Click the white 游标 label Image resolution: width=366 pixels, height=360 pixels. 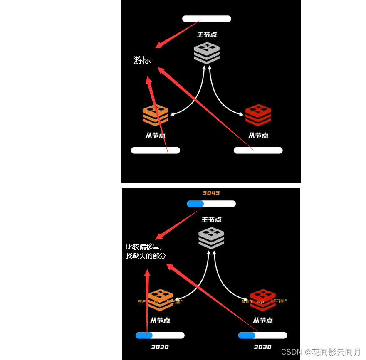click(142, 60)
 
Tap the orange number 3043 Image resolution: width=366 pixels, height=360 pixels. click(211, 193)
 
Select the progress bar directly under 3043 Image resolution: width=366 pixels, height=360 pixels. click(211, 204)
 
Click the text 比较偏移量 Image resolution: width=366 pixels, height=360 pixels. click(143, 247)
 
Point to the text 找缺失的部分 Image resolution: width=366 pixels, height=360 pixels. click(146, 256)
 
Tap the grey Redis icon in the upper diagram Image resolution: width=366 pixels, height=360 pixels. click(207, 53)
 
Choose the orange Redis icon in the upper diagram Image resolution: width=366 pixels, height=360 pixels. click(156, 115)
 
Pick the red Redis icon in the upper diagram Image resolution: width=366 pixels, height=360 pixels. click(258, 115)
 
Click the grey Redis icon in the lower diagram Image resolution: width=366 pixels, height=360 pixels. click(211, 238)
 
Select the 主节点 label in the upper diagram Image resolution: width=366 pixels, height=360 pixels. click(207, 35)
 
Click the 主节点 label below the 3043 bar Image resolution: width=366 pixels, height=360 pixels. click(211, 219)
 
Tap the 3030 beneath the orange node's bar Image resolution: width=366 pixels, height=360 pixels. click(160, 347)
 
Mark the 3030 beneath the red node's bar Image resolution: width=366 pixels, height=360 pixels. click(262, 347)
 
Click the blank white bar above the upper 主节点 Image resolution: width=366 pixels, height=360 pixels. click(207, 19)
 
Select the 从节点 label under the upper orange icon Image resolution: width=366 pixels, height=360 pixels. click(156, 135)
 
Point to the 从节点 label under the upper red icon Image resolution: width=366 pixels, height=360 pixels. click(258, 135)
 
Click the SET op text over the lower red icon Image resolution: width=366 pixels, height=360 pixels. click(265, 301)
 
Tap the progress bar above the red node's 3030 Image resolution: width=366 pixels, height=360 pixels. click(262, 335)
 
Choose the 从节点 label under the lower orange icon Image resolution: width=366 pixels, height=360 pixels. click(160, 320)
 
